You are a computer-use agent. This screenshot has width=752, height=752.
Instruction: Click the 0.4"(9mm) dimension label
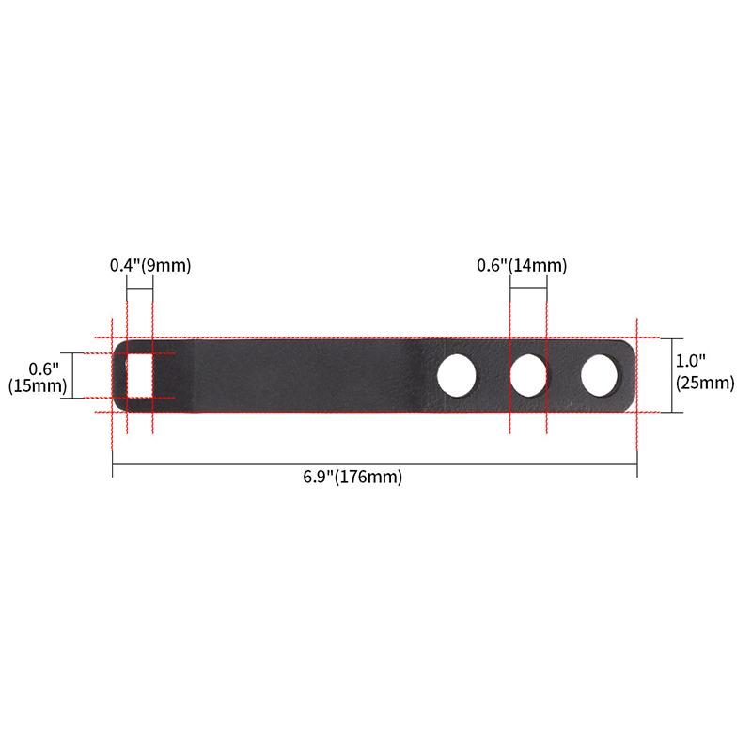point(150,265)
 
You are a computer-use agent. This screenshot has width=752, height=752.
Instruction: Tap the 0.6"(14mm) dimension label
point(522,265)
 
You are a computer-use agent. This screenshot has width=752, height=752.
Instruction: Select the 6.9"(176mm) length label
point(352,477)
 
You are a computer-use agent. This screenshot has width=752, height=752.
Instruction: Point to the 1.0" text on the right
point(691,361)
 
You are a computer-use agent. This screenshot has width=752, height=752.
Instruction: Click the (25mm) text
point(705,383)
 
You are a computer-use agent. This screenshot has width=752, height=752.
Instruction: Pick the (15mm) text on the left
point(38,385)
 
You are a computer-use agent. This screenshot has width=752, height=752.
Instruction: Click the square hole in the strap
point(139,375)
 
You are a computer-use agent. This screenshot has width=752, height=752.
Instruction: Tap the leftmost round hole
point(457,375)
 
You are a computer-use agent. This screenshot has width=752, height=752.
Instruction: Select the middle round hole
point(528,375)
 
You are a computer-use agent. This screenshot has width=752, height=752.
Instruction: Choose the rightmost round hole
point(600,375)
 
